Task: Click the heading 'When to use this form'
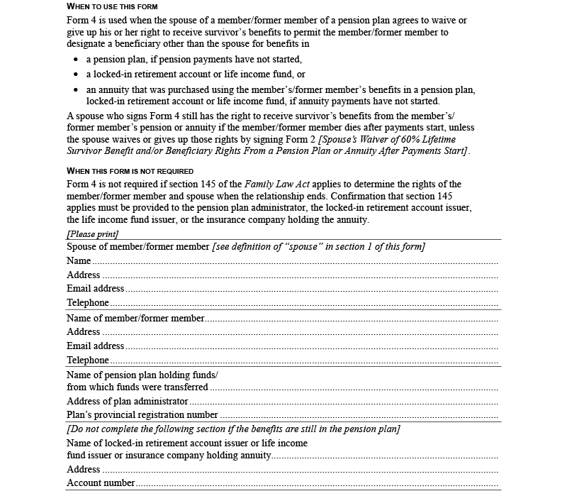[x=106, y=6]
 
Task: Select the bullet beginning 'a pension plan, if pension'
[x=194, y=59]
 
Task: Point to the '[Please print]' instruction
[x=92, y=233]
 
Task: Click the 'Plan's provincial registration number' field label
[x=142, y=415]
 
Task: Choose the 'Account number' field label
[x=101, y=483]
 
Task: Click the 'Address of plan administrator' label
[x=127, y=402]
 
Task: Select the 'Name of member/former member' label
[x=135, y=318]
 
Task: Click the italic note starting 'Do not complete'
[x=233, y=429]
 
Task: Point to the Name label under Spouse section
[x=79, y=261]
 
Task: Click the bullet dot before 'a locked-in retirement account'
[x=77, y=75]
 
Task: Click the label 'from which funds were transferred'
[x=137, y=387]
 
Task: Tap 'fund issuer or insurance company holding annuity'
[x=169, y=456]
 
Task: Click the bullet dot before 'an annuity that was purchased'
[x=77, y=90]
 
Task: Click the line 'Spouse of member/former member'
[x=137, y=246]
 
